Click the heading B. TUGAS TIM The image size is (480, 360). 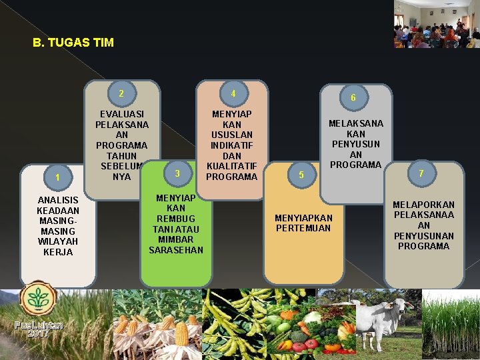(73, 43)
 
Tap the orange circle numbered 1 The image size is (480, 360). (59, 177)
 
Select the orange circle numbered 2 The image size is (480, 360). (121, 93)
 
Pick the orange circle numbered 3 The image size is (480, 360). (177, 173)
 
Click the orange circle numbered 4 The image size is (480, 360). (233, 93)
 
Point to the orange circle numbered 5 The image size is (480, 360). (301, 175)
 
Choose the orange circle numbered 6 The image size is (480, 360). (353, 98)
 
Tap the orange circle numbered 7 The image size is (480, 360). (421, 173)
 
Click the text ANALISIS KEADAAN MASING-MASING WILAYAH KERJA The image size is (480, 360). (57, 226)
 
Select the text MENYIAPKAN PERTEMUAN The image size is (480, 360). (303, 223)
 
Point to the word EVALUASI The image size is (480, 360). (121, 114)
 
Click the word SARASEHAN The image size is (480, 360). (176, 249)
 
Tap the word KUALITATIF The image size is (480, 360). (232, 166)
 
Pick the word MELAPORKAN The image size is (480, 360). (424, 205)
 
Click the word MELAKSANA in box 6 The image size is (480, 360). (356, 123)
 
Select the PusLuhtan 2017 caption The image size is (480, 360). (38, 329)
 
